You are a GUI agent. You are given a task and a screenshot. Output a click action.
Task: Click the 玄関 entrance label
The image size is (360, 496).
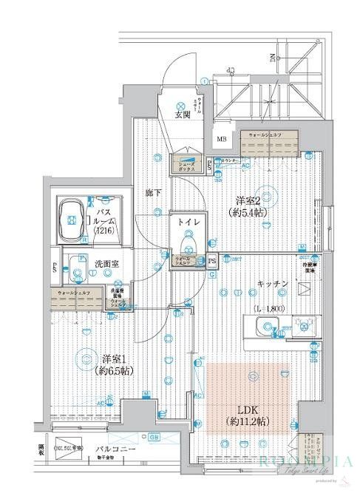click(183, 115)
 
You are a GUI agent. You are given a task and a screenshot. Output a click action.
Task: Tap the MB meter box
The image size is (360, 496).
click(221, 137)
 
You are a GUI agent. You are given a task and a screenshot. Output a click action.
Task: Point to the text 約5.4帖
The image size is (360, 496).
click(248, 213)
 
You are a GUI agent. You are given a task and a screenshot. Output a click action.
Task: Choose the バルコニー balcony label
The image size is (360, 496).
click(110, 449)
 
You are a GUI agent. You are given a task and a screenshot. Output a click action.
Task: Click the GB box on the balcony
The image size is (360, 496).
click(154, 436)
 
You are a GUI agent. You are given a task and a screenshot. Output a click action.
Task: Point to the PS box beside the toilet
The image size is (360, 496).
click(212, 260)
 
